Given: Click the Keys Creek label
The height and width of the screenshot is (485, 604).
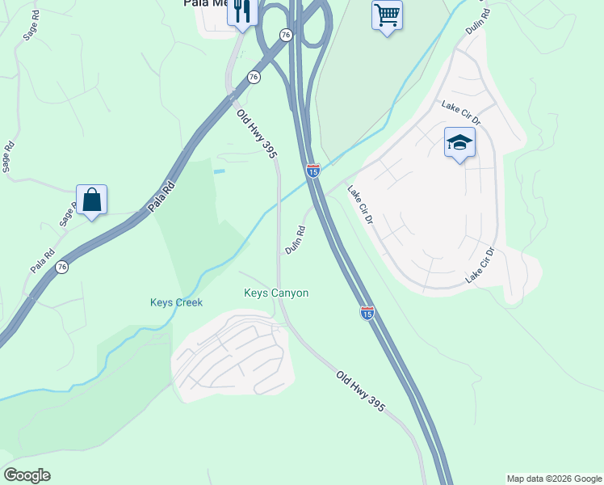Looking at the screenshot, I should click(x=176, y=303).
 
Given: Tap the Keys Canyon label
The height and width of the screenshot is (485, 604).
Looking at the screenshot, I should click(x=276, y=293).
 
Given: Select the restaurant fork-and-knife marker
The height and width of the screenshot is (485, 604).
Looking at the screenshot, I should click(x=241, y=13).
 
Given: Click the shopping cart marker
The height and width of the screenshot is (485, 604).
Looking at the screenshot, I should click(x=387, y=15).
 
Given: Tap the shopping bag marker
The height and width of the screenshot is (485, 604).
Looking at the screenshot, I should click(x=92, y=199).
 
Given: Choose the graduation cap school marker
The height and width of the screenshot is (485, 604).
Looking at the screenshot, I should click(x=459, y=143).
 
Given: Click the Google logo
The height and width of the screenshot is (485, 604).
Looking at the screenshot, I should click(x=27, y=475).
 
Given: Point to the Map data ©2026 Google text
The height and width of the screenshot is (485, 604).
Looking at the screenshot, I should click(x=554, y=479).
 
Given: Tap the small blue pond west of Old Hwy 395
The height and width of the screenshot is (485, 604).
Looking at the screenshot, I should click(x=219, y=171).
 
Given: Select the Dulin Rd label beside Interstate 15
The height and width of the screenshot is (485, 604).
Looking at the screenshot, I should click(x=296, y=240).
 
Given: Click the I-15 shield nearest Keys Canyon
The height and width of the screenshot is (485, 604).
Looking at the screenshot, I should click(x=367, y=312).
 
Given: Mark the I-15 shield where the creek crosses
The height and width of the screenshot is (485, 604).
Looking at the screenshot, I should click(x=313, y=171).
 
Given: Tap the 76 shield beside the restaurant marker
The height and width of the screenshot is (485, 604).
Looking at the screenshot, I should click(x=285, y=35).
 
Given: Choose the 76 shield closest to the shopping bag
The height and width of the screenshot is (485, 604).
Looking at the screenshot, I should click(x=62, y=267).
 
